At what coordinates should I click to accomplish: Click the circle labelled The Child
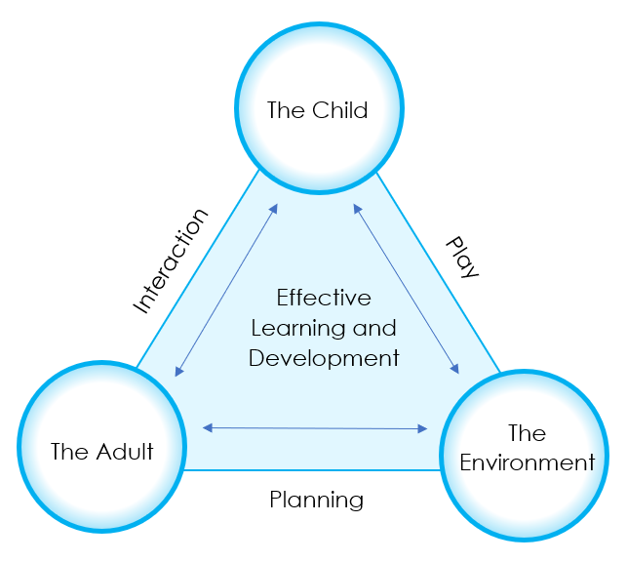tap(319, 107)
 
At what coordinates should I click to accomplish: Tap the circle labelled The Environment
tap(527, 453)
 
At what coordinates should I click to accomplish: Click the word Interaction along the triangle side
tap(171, 261)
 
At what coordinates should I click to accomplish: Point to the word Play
tap(462, 257)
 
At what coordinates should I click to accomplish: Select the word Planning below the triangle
tap(316, 501)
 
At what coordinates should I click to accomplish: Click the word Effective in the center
tap(324, 297)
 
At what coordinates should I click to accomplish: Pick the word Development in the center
tap(324, 358)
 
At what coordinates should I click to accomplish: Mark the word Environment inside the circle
tap(527, 462)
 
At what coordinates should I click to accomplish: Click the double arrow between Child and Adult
tap(226, 291)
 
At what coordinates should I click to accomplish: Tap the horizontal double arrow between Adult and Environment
tap(315, 427)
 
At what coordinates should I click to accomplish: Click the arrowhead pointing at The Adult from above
tap(178, 372)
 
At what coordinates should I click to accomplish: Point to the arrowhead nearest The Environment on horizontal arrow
tap(422, 428)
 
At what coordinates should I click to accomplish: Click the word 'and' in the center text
tap(377, 328)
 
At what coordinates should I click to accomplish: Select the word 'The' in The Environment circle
tap(527, 432)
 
